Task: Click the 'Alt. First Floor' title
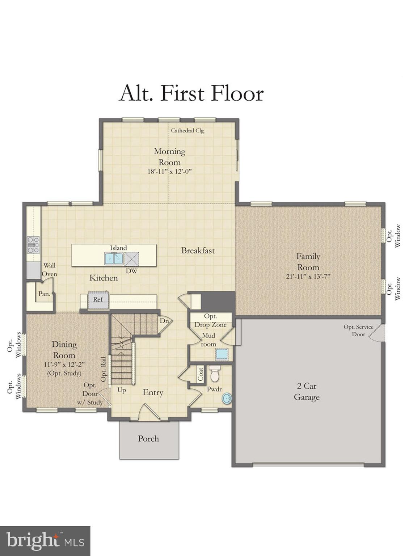(x=191, y=93)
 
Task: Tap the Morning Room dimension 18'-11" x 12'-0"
(x=169, y=172)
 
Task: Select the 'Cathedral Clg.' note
(x=188, y=131)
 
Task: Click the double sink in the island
(x=114, y=258)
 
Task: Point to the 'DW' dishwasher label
(x=131, y=270)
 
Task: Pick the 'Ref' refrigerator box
(x=98, y=299)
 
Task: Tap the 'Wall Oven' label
(x=49, y=270)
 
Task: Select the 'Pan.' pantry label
(x=44, y=294)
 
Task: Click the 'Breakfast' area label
(x=198, y=250)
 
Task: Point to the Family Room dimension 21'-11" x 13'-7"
(x=308, y=277)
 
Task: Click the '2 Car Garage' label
(x=307, y=392)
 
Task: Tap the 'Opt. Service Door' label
(x=358, y=330)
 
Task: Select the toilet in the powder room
(x=215, y=374)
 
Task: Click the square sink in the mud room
(x=222, y=354)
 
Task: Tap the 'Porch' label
(x=148, y=439)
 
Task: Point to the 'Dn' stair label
(x=164, y=321)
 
